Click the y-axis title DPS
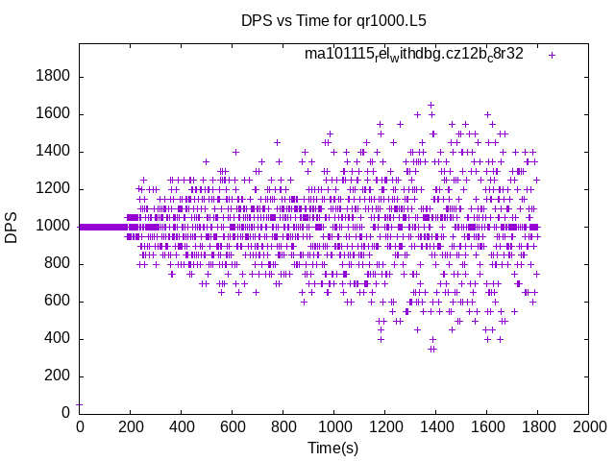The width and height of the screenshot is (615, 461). [12, 227]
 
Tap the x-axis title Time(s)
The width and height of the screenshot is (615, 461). [332, 448]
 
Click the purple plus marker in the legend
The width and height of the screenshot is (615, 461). [552, 55]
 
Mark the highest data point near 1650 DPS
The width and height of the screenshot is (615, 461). [430, 105]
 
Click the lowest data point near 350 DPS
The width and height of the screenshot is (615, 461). [432, 349]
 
